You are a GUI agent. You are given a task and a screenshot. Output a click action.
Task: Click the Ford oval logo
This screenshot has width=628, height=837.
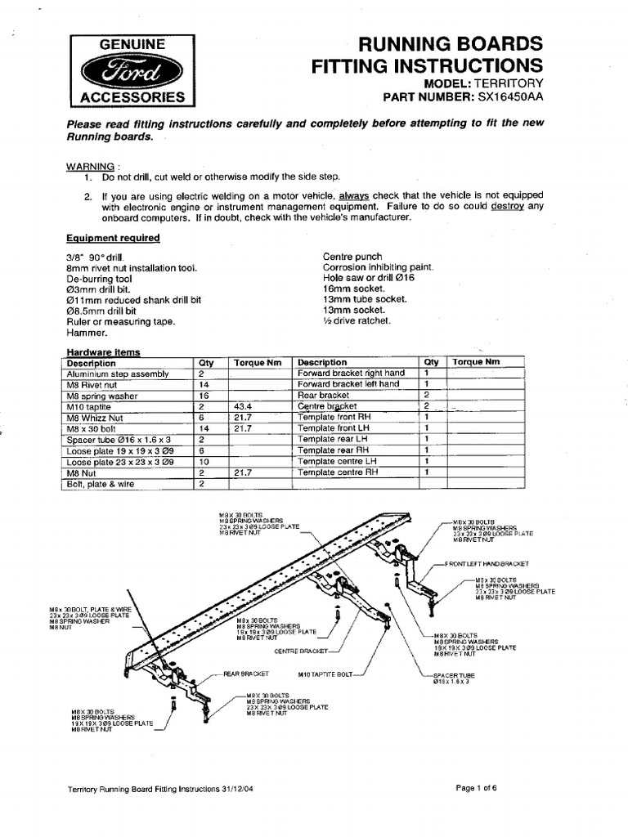132,71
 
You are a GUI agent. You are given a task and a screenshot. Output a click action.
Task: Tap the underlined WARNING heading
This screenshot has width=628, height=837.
90,166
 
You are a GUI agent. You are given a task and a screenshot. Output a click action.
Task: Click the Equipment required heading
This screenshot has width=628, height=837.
113,238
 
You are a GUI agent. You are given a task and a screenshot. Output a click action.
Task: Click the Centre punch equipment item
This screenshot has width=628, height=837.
352,257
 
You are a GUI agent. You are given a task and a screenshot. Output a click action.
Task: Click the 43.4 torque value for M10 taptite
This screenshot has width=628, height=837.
244,406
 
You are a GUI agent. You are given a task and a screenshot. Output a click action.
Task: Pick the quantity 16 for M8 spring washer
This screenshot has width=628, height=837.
202,395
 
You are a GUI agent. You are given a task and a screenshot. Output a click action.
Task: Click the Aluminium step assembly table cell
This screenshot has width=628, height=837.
118,374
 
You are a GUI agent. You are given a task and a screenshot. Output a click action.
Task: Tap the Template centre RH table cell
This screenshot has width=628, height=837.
338,472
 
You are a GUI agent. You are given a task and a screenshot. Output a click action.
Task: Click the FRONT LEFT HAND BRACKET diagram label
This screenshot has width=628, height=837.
487,564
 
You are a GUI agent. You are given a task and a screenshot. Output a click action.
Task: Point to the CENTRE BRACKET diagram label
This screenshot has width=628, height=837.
300,651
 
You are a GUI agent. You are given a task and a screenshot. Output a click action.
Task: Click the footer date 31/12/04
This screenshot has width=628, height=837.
241,789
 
